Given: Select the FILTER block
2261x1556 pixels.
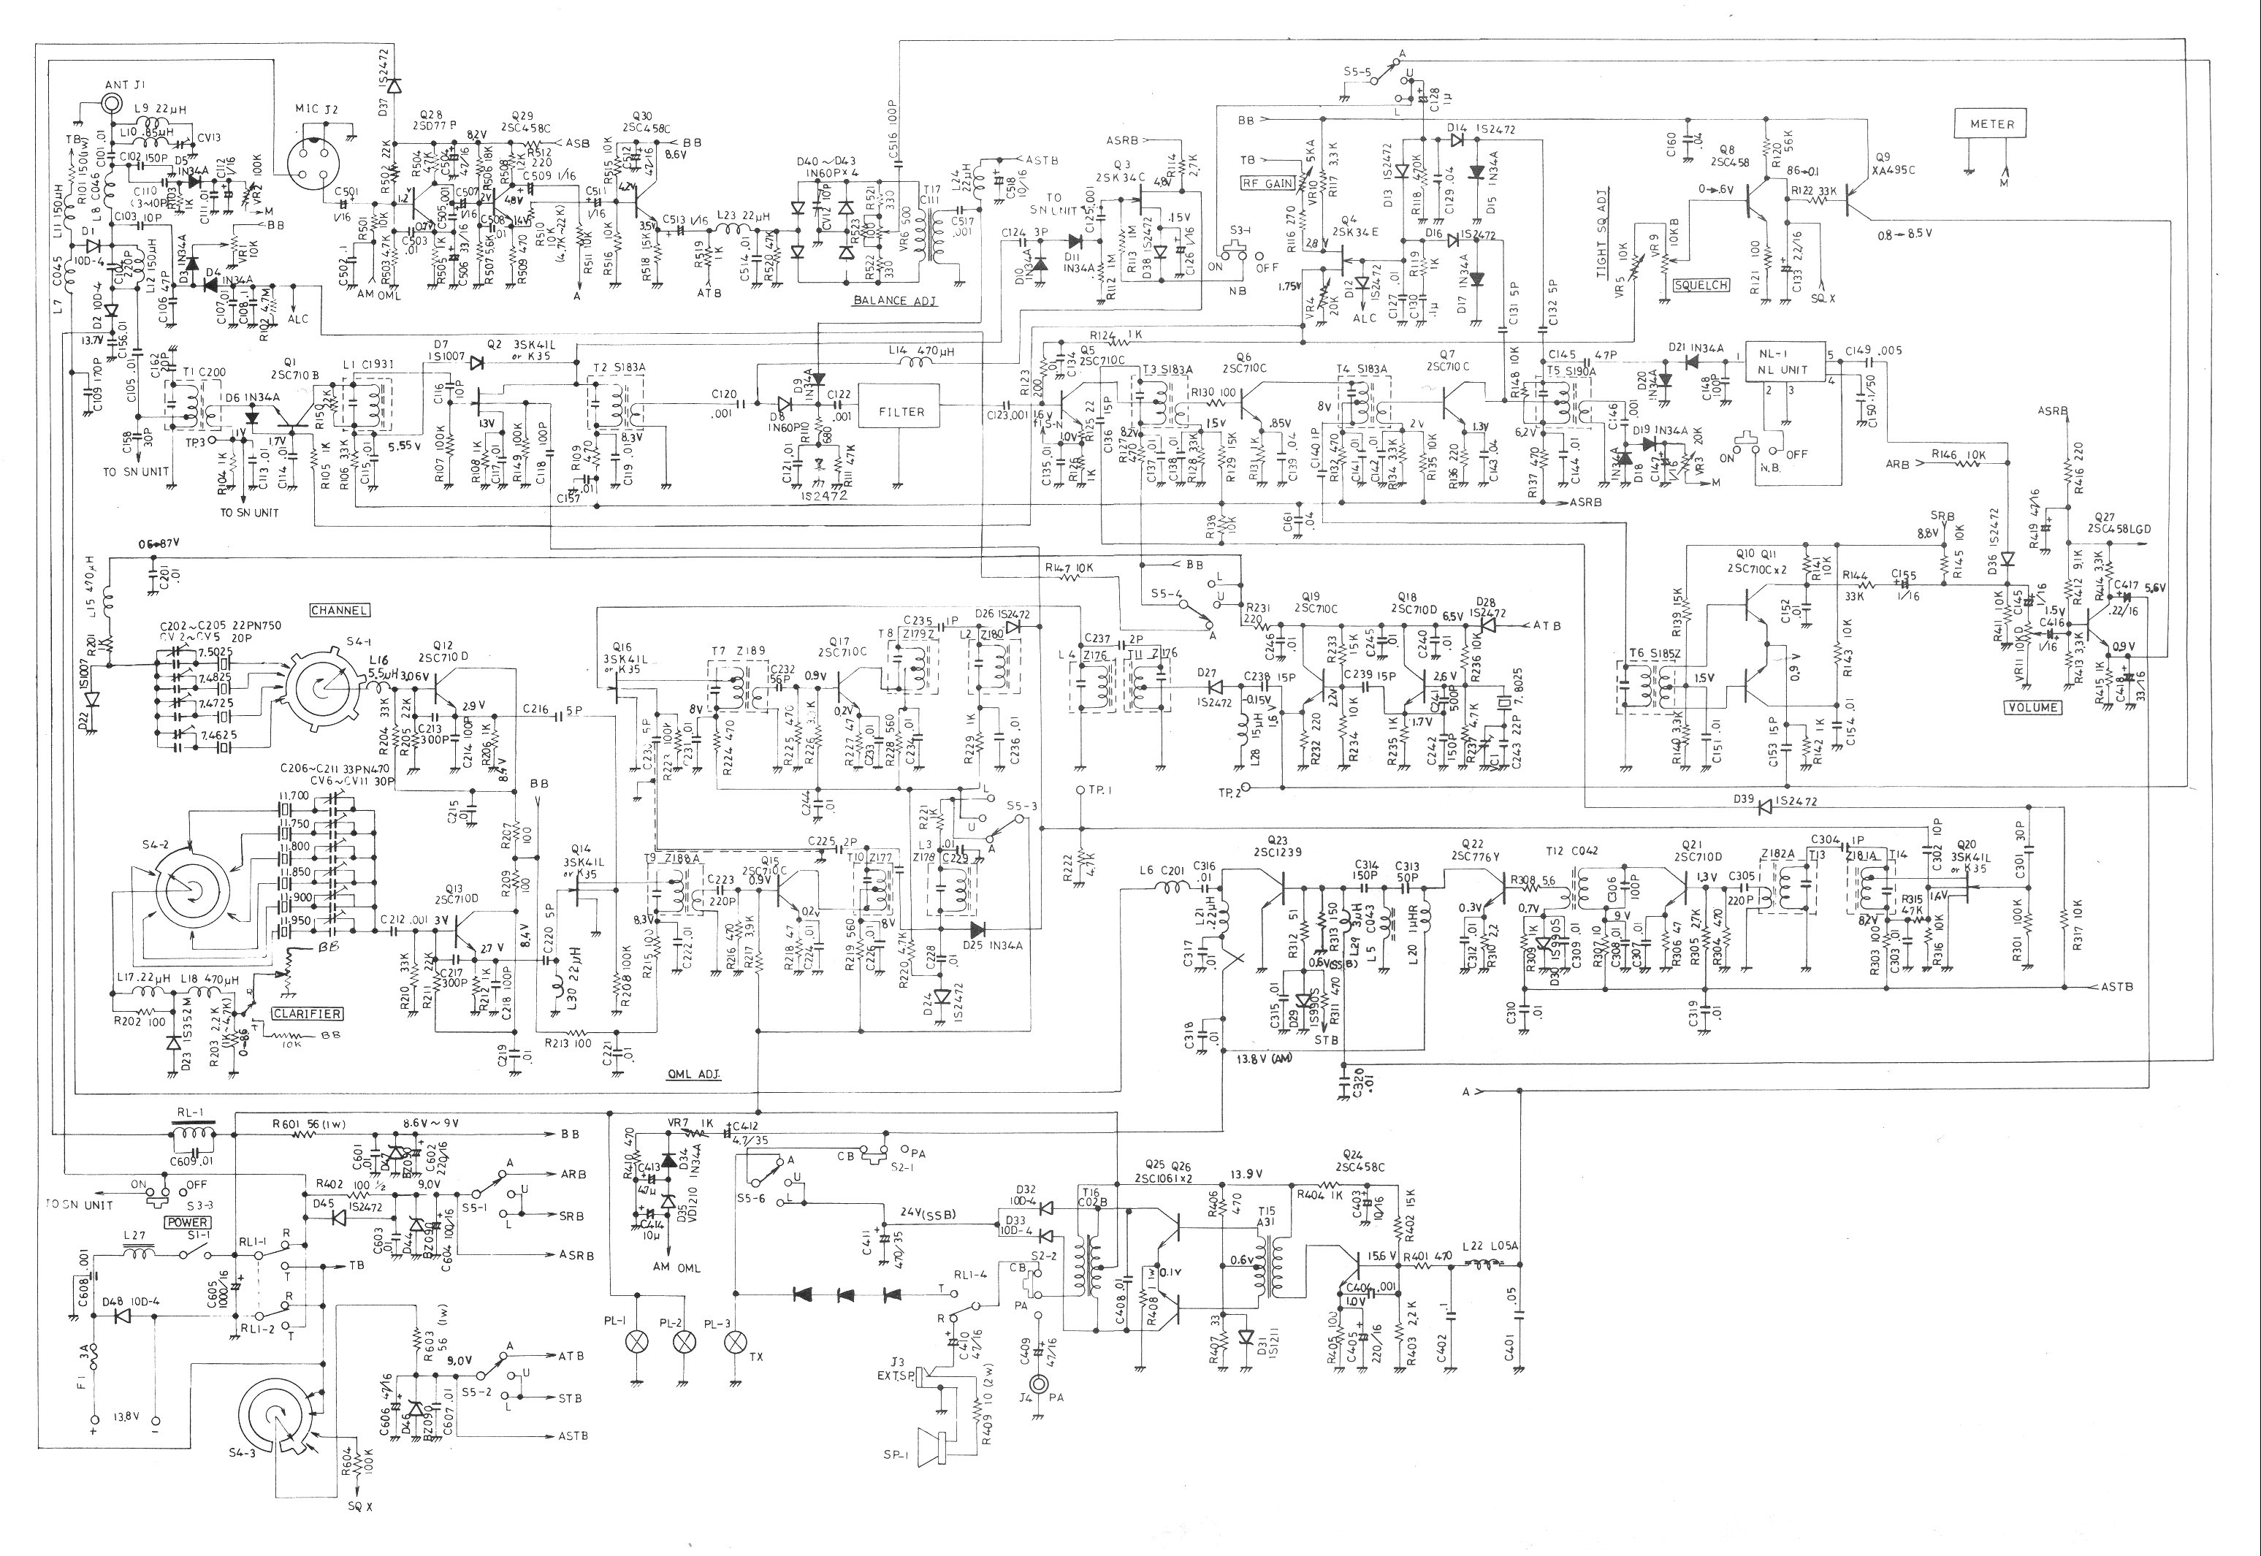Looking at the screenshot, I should pos(900,411).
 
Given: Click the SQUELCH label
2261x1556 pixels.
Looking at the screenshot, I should pos(1701,286).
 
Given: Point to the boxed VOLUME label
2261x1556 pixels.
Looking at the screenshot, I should pos(2032,707).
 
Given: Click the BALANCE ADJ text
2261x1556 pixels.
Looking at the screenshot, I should pos(894,301).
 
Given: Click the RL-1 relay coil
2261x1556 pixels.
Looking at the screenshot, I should pos(192,1137).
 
